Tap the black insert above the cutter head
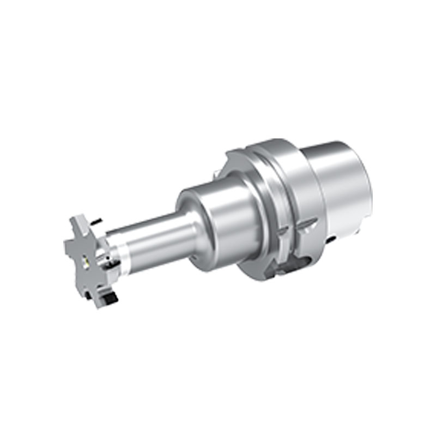(x=97, y=221)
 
